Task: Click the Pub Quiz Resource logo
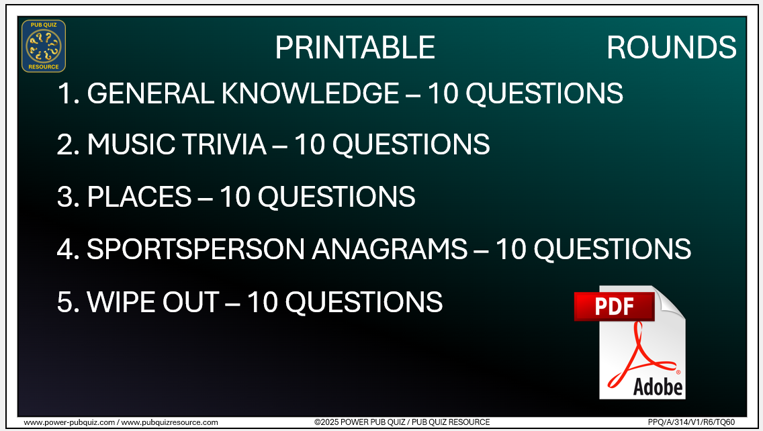pyautogui.click(x=44, y=46)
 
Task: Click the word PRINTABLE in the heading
pyautogui.click(x=355, y=48)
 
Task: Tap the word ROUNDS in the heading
pyautogui.click(x=671, y=48)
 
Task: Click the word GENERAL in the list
pyautogui.click(x=150, y=93)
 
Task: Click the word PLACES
pyautogui.click(x=140, y=197)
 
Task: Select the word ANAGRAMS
pyautogui.click(x=390, y=250)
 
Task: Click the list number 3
pyautogui.click(x=67, y=197)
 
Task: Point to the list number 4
pyautogui.click(x=67, y=250)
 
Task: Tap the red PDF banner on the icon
pyautogui.click(x=614, y=307)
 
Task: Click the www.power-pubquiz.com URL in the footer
pyautogui.click(x=70, y=422)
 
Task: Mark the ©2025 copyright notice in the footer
pyautogui.click(x=402, y=422)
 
